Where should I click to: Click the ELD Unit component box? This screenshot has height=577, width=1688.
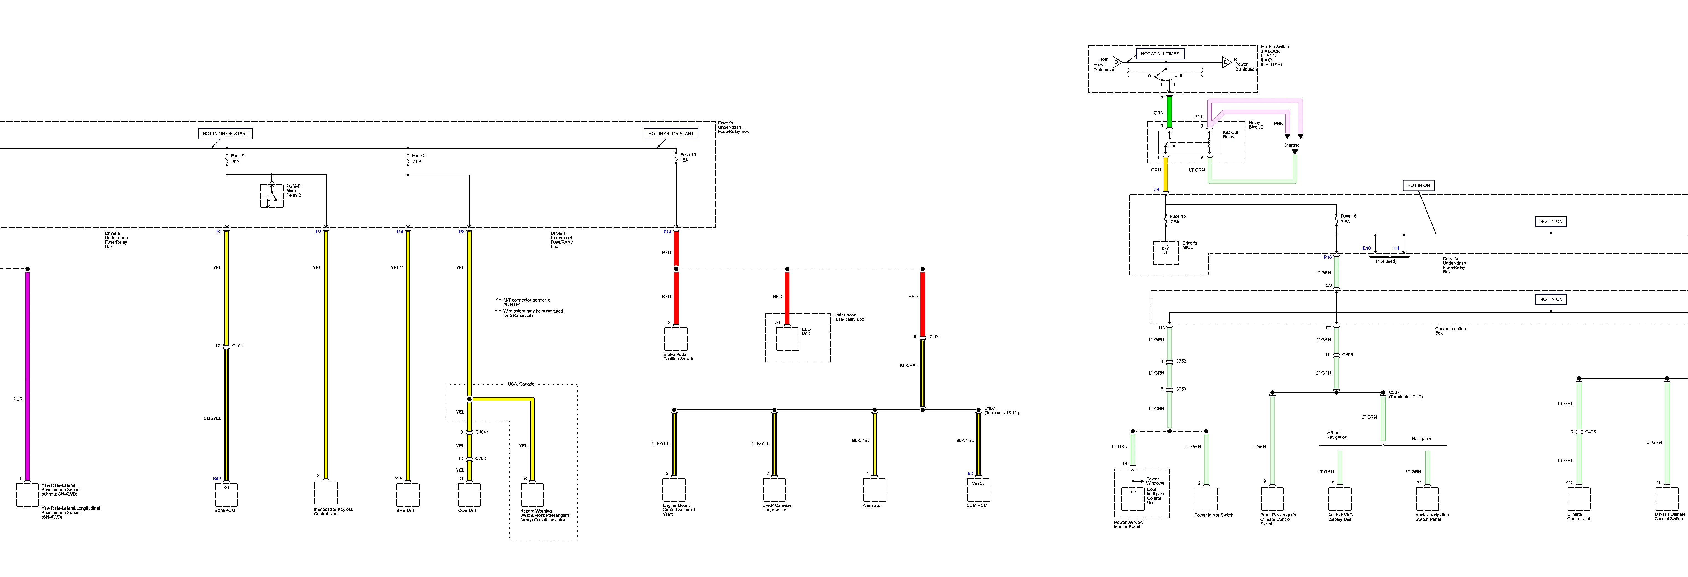pos(788,338)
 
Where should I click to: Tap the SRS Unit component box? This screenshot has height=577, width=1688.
pos(408,495)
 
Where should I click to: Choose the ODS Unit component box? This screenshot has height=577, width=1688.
pos(469,495)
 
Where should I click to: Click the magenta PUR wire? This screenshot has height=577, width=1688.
pos(27,373)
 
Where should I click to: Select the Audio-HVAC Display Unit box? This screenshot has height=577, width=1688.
pos(1339,499)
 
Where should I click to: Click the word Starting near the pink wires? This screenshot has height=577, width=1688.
pos(1291,145)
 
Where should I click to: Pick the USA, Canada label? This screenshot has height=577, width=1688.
pos(521,384)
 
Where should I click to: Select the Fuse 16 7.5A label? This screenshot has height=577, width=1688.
pos(1348,219)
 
